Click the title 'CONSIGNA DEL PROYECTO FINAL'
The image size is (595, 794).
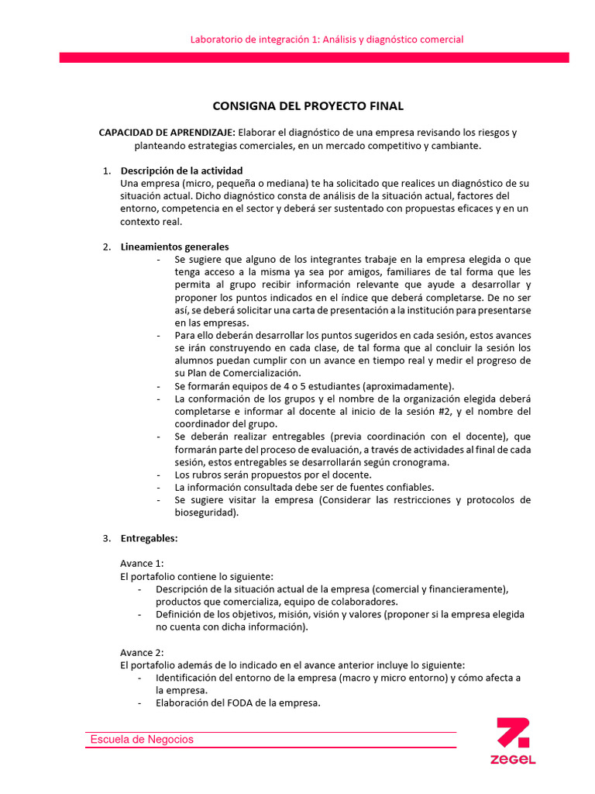coord(308,106)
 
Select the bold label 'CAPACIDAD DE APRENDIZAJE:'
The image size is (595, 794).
coord(167,133)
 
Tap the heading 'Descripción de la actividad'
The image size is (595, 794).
coord(181,171)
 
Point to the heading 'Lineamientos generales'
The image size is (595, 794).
coord(174,247)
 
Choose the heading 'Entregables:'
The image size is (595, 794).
coord(149,538)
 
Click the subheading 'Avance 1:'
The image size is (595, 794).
coord(142,564)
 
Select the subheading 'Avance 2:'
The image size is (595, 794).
coord(142,652)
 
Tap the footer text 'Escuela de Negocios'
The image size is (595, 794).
coord(142,740)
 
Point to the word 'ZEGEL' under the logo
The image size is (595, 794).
coord(513,760)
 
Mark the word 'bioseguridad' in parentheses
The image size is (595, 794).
coord(206,513)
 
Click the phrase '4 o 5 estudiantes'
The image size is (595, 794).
coord(273,386)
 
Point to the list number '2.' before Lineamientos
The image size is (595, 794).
coord(106,247)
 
